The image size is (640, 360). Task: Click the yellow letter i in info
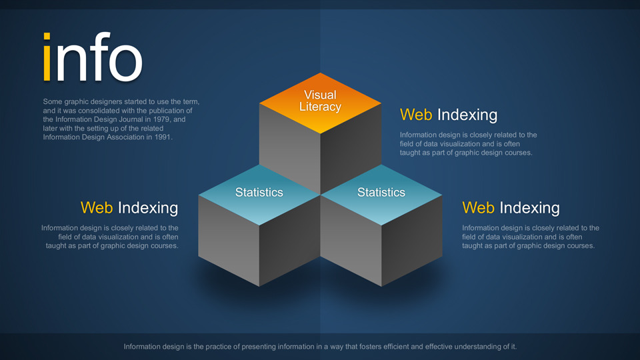click(x=47, y=57)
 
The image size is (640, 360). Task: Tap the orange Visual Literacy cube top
click(x=321, y=103)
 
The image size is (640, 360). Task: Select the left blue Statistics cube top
click(x=259, y=195)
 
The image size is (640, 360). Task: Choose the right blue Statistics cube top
click(x=381, y=195)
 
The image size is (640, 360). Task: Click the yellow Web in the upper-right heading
click(x=416, y=115)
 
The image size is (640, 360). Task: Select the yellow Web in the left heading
click(x=97, y=208)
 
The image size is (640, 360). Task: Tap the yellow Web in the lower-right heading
click(x=479, y=208)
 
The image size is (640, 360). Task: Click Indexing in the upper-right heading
click(x=467, y=115)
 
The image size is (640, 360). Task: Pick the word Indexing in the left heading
click(x=148, y=208)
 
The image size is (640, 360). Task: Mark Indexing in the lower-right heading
click(x=530, y=208)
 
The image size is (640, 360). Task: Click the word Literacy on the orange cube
click(x=321, y=107)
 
